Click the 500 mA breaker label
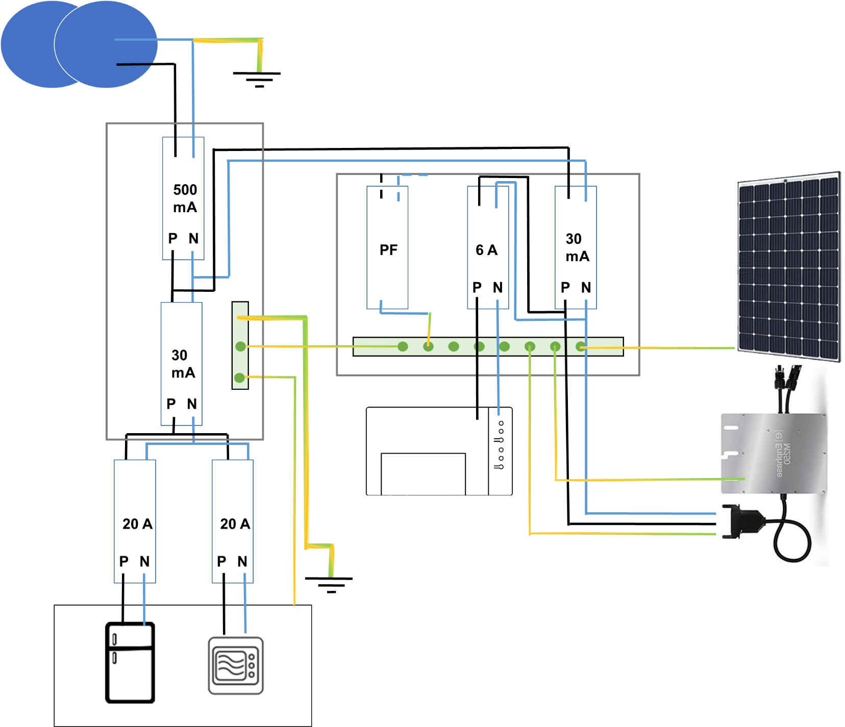tap(185, 198)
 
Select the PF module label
tap(388, 250)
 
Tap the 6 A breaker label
tap(486, 250)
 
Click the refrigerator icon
tap(130, 662)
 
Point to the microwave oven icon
tap(236, 665)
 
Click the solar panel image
tap(788, 265)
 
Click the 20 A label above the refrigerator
tap(137, 524)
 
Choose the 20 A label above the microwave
tap(235, 524)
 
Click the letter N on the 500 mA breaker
tap(193, 238)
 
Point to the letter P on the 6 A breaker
tap(477, 288)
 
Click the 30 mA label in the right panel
tap(577, 247)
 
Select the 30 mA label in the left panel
tap(183, 364)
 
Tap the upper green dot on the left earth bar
tap(240, 347)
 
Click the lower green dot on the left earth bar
tap(239, 378)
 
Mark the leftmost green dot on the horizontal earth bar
tap(403, 347)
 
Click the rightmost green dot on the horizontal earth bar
tap(580, 347)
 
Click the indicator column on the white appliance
tap(500, 445)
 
